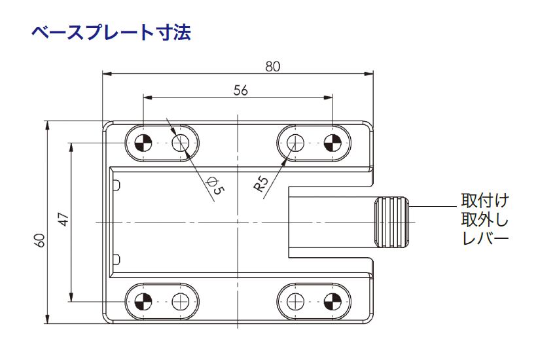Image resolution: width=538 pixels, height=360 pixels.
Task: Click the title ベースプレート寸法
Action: [x=111, y=32]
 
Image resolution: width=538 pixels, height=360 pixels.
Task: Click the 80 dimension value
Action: [x=274, y=66]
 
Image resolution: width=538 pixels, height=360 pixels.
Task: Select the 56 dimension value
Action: [x=240, y=91]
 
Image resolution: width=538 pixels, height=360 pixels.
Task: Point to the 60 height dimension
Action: [x=41, y=240]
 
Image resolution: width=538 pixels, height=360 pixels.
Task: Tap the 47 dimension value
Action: [x=63, y=219]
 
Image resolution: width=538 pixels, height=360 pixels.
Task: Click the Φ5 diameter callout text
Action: [x=215, y=186]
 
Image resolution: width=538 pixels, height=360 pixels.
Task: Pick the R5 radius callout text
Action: [x=261, y=184]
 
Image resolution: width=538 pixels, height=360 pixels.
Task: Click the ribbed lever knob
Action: [x=391, y=222]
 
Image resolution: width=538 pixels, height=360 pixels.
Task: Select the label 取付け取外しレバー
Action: [x=485, y=219]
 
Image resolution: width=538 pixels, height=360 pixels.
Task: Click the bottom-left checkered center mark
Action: [x=143, y=302]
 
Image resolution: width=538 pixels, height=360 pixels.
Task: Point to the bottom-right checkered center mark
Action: [x=332, y=302]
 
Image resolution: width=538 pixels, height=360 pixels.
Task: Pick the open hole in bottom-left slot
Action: [x=181, y=302]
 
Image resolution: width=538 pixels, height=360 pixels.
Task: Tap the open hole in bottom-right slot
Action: [x=295, y=302]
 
